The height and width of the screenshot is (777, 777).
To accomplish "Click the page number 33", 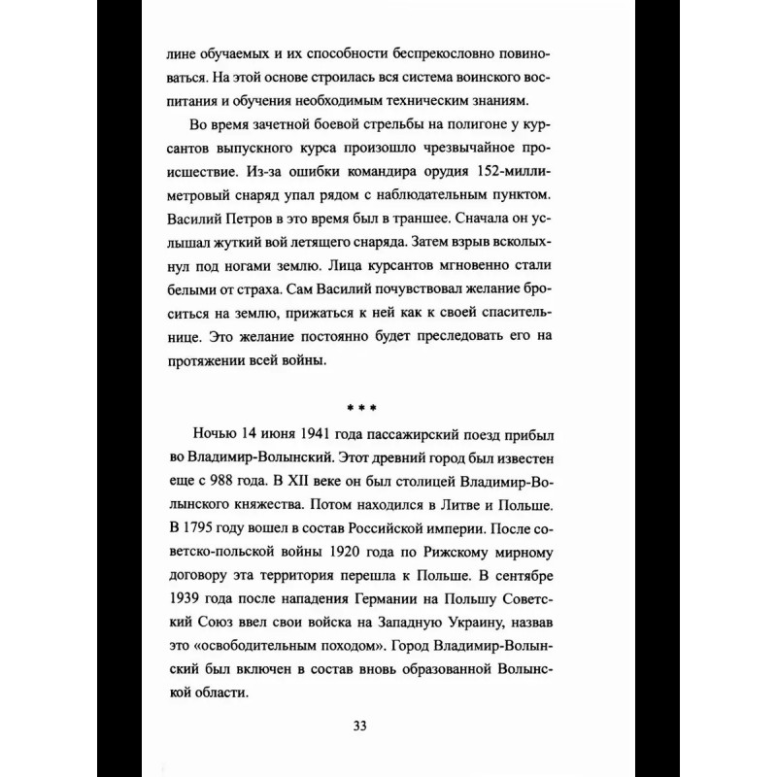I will point(388,726).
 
